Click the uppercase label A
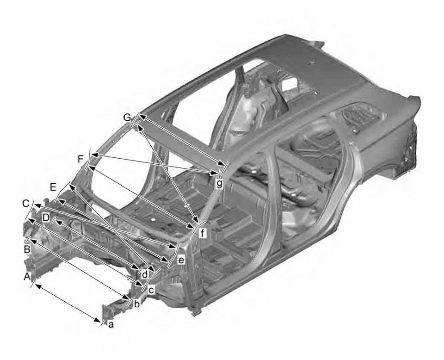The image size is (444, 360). click(x=27, y=276)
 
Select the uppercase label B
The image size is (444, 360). click(x=27, y=249)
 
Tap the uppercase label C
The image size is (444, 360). click(x=26, y=203)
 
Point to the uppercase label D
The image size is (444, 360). click(x=46, y=217)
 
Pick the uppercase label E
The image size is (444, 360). click(x=53, y=187)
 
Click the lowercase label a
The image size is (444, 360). click(x=111, y=324)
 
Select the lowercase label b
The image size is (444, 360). click(x=136, y=304)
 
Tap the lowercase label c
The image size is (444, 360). click(x=150, y=290)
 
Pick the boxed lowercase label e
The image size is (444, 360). click(x=181, y=261)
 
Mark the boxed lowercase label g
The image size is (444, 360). click(x=219, y=183)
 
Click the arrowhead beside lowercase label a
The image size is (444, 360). click(x=101, y=318)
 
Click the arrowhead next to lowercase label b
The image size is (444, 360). click(x=126, y=297)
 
